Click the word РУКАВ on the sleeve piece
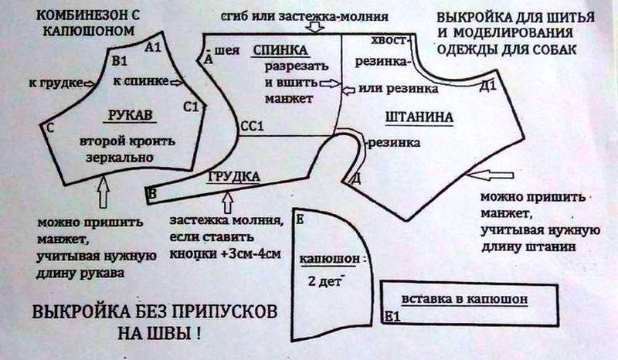[x=130, y=115]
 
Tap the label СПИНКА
[x=281, y=51]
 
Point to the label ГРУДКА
[x=233, y=176]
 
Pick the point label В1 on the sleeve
[x=120, y=60]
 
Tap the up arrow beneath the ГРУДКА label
[x=227, y=202]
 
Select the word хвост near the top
[x=389, y=39]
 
